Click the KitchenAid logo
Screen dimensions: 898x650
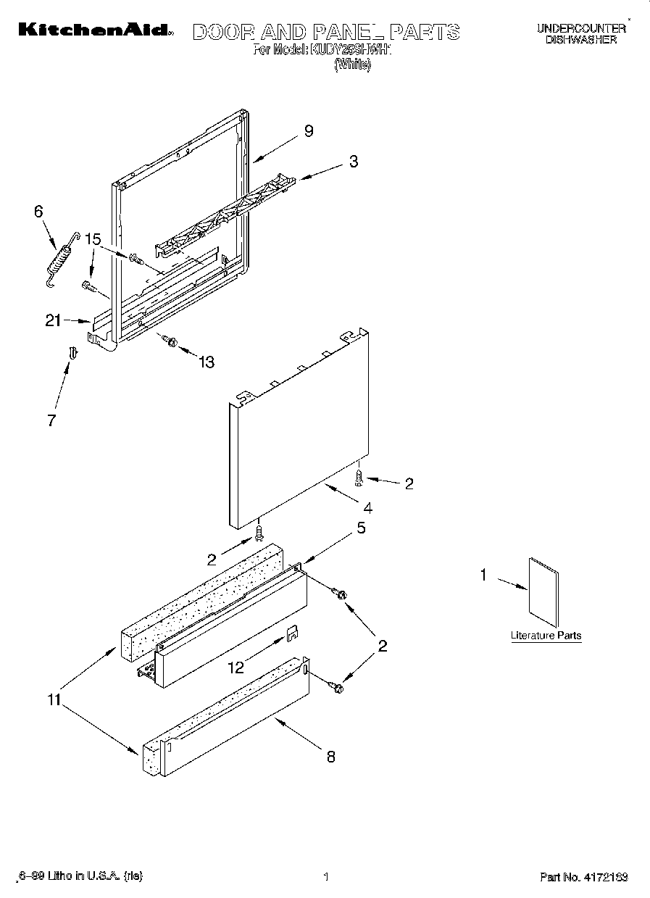click(x=95, y=30)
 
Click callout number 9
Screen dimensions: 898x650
click(x=308, y=131)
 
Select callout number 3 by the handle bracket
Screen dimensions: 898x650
click(x=353, y=162)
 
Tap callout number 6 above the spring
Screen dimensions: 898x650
click(x=38, y=211)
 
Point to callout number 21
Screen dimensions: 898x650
click(x=53, y=320)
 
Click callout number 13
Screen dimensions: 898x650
click(x=207, y=362)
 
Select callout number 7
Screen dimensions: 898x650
click(x=51, y=420)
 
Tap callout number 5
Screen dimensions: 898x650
click(x=361, y=528)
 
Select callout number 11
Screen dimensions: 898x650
click(x=53, y=701)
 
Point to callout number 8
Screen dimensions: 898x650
click(x=330, y=757)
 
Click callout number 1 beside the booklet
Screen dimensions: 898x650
click(x=484, y=575)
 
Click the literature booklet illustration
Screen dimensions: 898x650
click(x=543, y=591)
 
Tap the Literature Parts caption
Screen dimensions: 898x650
click(x=546, y=636)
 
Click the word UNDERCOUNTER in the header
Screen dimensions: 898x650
click(x=580, y=28)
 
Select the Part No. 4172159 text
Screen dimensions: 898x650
click(x=583, y=877)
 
